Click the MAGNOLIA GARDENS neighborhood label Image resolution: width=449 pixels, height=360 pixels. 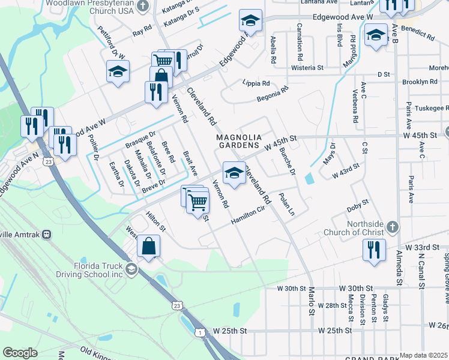pyautogui.click(x=239, y=142)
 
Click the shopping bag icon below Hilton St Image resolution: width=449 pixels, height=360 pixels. pyautogui.click(x=148, y=247)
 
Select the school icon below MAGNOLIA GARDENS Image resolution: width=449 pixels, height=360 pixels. pyautogui.click(x=234, y=173)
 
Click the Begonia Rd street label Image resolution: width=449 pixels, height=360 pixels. pyautogui.click(x=273, y=91)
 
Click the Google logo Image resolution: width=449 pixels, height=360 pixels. pyautogui.click(x=20, y=353)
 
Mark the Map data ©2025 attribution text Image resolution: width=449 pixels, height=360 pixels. pyautogui.click(x=424, y=355)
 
